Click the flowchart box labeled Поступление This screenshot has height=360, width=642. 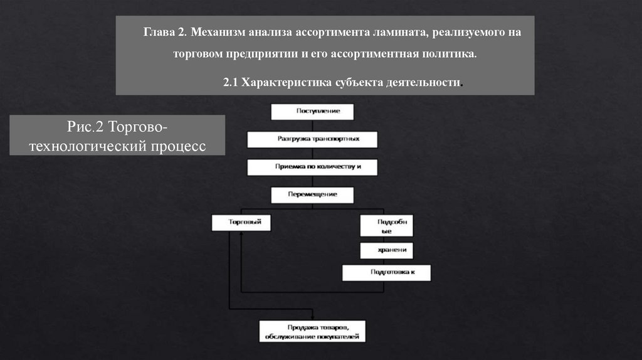click(x=312, y=111)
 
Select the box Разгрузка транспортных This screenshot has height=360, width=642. click(x=312, y=139)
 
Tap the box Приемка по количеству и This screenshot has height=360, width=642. click(x=312, y=167)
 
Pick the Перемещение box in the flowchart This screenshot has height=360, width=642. click(x=312, y=194)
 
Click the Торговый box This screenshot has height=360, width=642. click(x=241, y=223)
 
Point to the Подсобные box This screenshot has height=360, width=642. click(x=386, y=226)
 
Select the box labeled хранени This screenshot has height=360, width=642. click(x=386, y=250)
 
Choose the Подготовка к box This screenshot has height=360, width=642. click(x=386, y=273)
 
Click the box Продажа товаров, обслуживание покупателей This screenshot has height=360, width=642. click(x=312, y=331)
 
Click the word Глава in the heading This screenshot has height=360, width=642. click(x=157, y=31)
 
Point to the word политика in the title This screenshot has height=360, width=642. click(x=450, y=55)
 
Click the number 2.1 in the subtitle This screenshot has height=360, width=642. click(x=231, y=83)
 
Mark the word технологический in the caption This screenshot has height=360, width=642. click(x=88, y=146)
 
